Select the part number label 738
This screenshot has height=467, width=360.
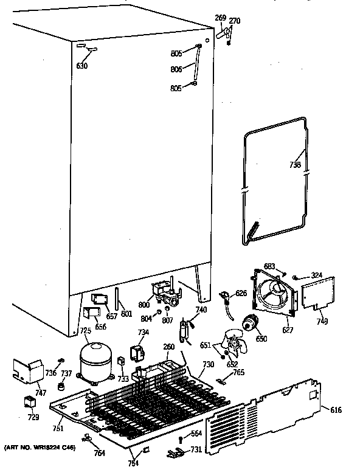point(295,164)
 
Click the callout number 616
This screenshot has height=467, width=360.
point(336,410)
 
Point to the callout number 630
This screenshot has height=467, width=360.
point(81,65)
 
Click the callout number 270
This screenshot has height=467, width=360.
point(234,21)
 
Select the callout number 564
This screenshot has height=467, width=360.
point(196,434)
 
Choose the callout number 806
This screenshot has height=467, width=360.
point(176,69)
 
